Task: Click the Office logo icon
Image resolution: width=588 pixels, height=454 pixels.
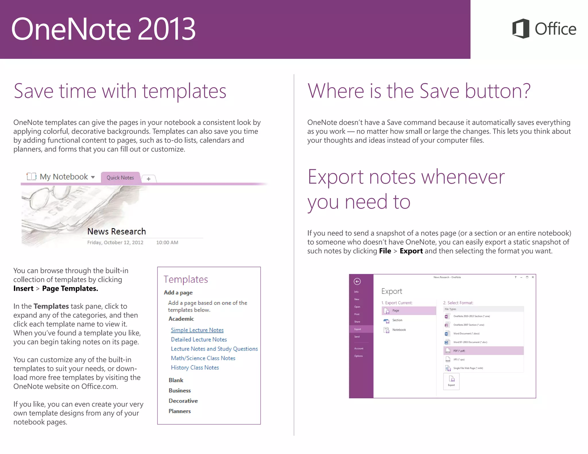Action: tap(521, 28)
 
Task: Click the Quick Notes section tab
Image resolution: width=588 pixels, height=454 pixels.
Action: tap(120, 178)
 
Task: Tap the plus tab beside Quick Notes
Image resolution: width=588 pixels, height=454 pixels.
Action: tap(148, 179)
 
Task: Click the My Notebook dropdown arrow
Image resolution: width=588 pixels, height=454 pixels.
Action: tap(93, 177)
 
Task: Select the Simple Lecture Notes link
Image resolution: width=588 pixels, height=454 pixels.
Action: tap(197, 330)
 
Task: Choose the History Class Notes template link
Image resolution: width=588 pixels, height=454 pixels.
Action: tap(195, 368)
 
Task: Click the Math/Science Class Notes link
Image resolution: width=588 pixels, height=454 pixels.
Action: tap(203, 358)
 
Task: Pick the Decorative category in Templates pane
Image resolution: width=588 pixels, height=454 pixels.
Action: tap(183, 401)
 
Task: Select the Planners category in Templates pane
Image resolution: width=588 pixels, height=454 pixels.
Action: tap(180, 411)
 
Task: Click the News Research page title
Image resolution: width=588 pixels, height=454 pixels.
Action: tap(117, 231)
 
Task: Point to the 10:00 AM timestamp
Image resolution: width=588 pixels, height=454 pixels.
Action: tap(167, 242)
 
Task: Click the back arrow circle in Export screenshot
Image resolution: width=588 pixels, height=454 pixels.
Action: tap(357, 282)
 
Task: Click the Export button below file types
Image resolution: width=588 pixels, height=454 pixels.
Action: tap(451, 381)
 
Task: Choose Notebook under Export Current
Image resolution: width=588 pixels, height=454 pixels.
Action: tap(399, 330)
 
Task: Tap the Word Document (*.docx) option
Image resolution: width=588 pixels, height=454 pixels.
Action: tap(466, 333)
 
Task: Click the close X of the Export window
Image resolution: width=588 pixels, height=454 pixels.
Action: tap(533, 277)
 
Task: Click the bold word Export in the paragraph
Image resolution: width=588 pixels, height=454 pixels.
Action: tap(411, 251)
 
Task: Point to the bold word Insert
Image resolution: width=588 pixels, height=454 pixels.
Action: tap(24, 288)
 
